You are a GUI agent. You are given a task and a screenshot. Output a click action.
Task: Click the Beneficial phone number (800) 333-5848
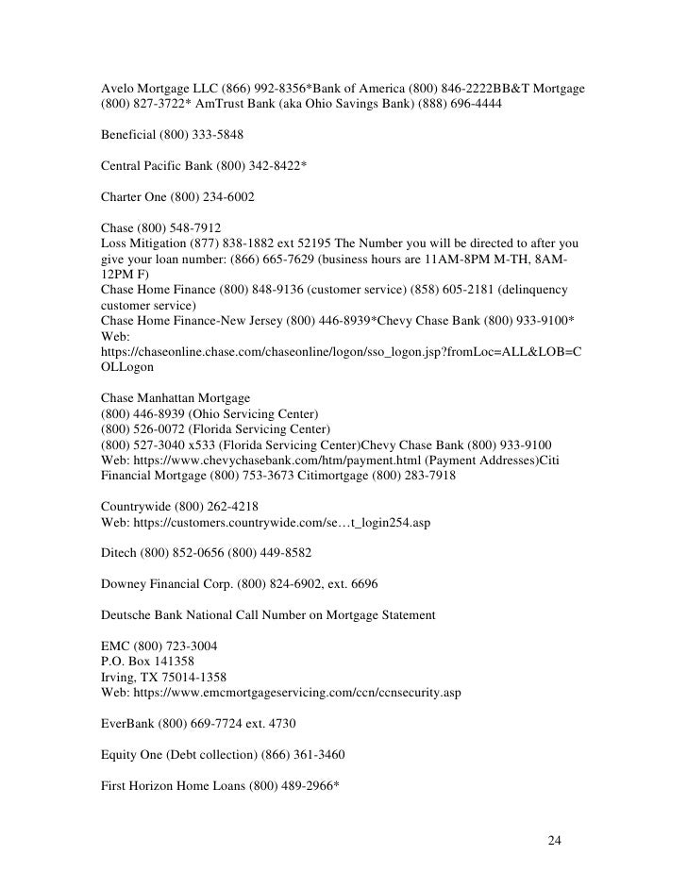coord(201,135)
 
